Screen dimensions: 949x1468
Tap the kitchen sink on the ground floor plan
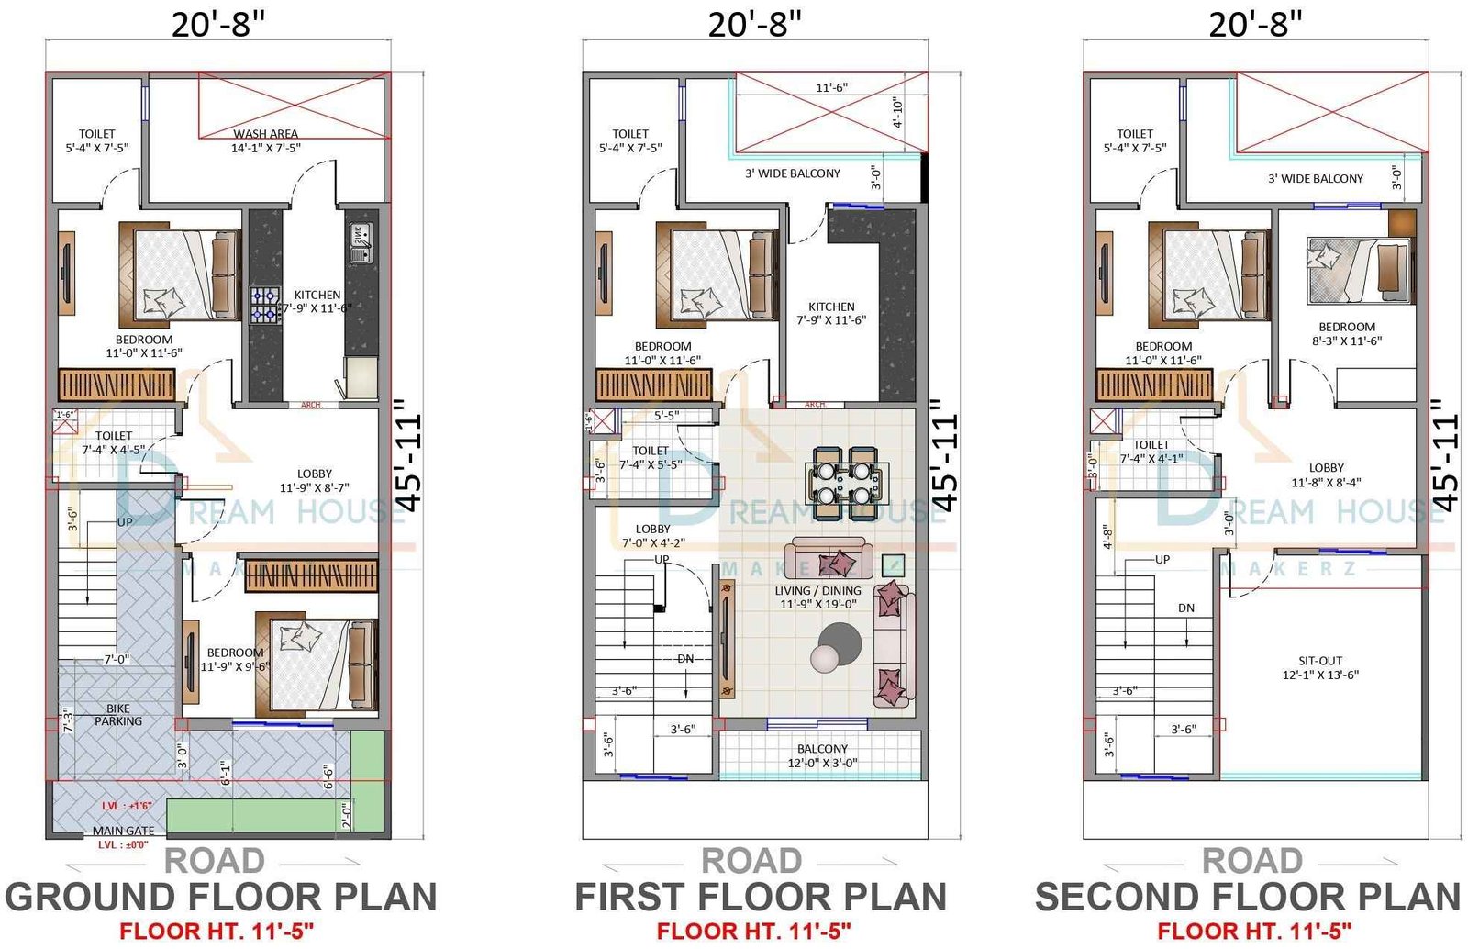point(359,237)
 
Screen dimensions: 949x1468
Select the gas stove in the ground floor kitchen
point(265,306)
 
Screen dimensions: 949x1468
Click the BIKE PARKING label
point(118,715)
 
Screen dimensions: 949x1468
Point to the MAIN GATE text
point(123,831)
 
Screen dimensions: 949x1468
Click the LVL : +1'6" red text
point(127,806)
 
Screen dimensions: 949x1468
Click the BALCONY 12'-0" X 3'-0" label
point(822,756)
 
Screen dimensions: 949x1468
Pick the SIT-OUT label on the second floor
point(1320,667)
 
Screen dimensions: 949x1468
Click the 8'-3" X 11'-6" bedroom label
point(1346,334)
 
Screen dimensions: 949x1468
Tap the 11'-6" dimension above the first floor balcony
point(831,88)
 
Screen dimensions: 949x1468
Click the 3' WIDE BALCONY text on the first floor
point(792,173)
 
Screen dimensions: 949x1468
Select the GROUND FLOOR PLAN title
point(221,897)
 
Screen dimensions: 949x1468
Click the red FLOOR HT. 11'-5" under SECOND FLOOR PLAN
point(1253,932)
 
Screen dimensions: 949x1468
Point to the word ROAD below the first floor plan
point(751,861)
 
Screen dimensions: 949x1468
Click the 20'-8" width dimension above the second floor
point(1254,25)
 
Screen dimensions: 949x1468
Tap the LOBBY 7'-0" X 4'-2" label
point(652,536)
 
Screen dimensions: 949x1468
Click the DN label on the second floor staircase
point(1185,608)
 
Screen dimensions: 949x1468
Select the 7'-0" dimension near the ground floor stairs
point(116,659)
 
